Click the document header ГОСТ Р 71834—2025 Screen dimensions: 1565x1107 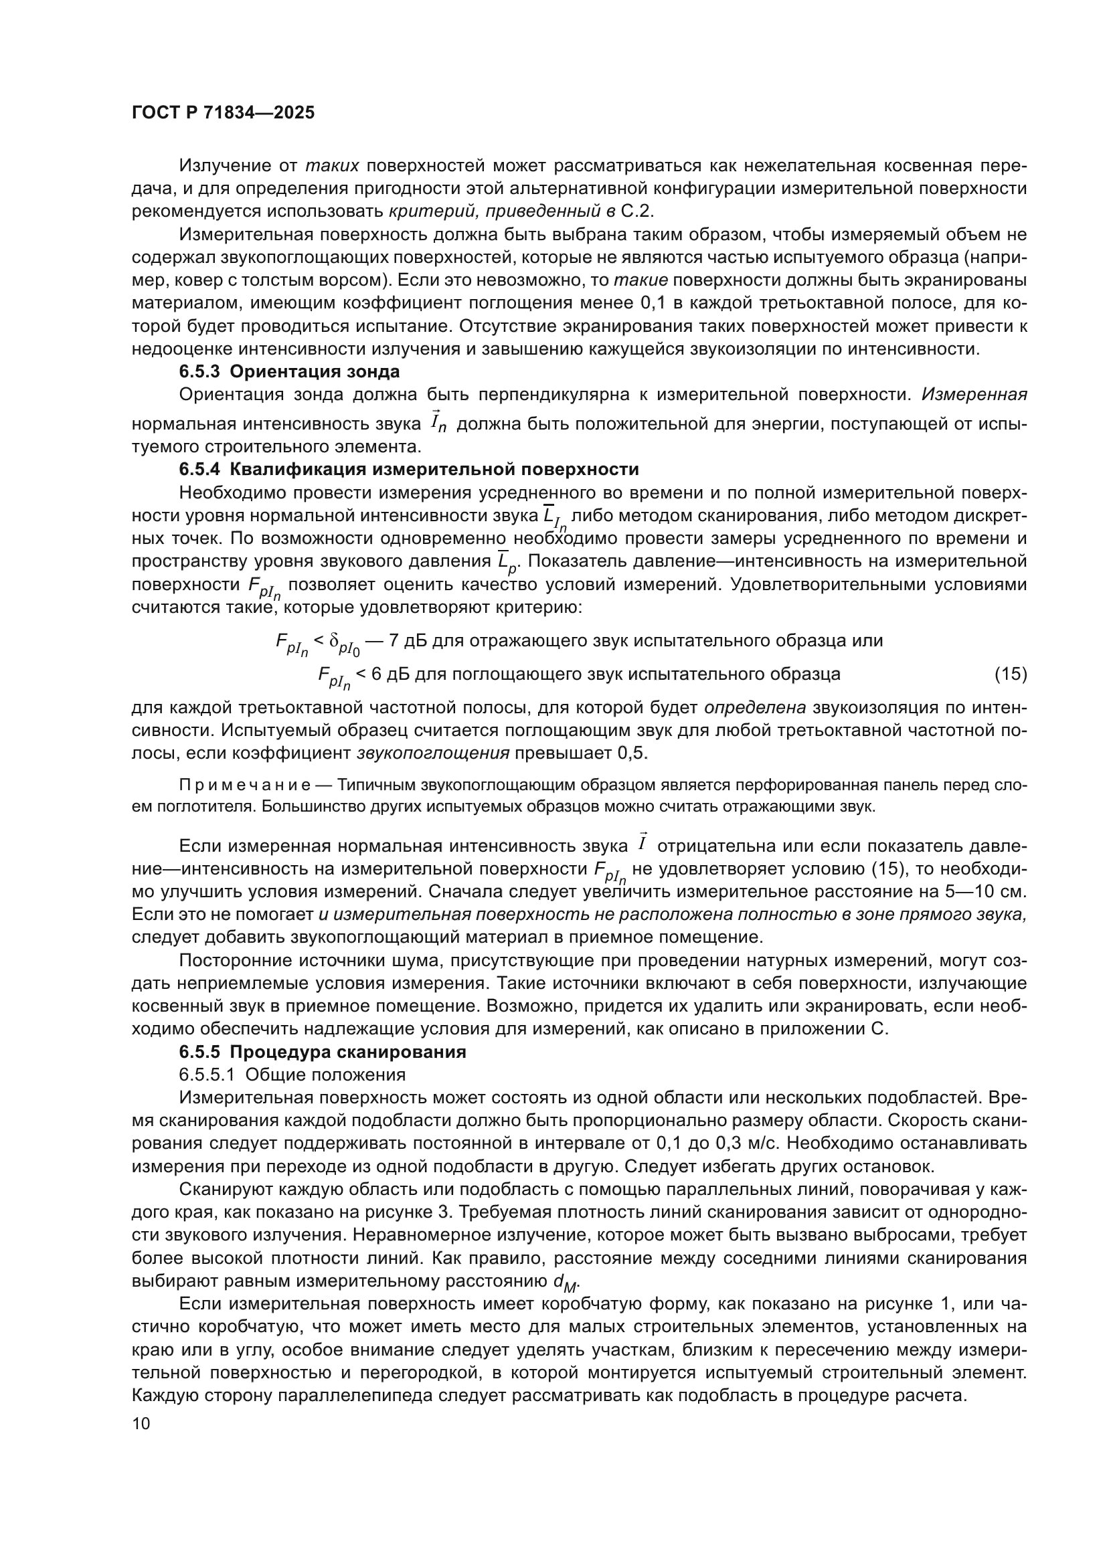tap(223, 112)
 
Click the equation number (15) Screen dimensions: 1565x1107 tap(1010, 674)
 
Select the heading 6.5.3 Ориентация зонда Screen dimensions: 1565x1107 tap(289, 371)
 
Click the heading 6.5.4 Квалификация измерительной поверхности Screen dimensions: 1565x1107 tap(409, 469)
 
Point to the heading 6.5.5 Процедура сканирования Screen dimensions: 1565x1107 tap(323, 1052)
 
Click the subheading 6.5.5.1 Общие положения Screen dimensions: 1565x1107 tap(292, 1075)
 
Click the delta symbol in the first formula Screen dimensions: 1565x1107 tap(334, 641)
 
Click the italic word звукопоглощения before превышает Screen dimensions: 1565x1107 tap(433, 753)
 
